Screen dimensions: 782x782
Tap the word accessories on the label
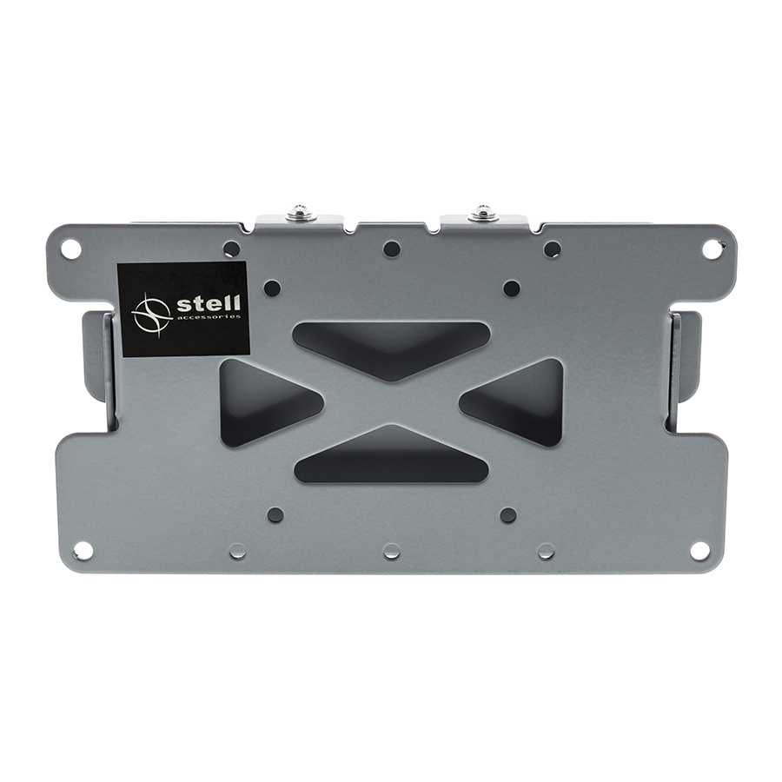click(209, 317)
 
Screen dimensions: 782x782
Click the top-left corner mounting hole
click(71, 247)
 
